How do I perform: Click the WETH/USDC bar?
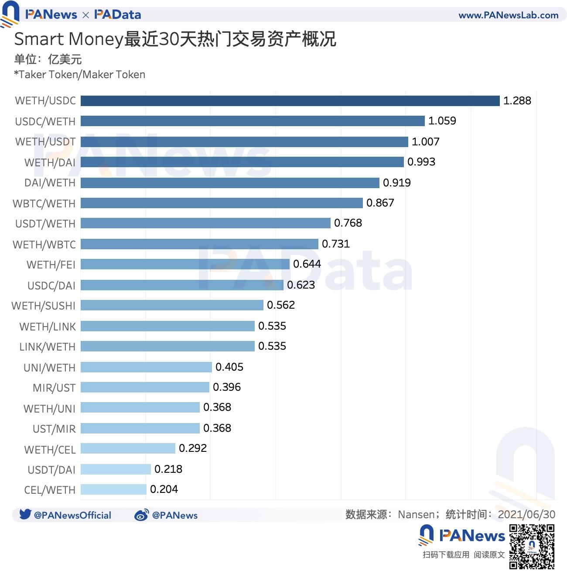point(290,101)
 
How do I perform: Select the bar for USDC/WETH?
point(253,121)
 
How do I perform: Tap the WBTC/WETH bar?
point(222,203)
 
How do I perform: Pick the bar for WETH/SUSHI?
point(172,305)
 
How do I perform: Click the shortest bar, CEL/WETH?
point(113,489)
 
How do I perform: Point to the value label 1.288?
point(517,101)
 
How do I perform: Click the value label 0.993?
point(421,162)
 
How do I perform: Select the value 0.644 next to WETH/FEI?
point(307,264)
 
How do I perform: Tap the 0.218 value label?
point(168,469)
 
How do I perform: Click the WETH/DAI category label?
point(50,162)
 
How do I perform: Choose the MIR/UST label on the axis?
point(54,388)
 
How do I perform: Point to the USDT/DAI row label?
point(51,470)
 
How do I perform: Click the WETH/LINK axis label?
point(48,327)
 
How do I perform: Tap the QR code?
point(532,547)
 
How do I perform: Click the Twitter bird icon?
point(25,514)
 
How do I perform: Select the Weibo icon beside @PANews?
point(141,515)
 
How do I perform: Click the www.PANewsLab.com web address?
point(509,15)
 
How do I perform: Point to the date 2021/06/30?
point(526,515)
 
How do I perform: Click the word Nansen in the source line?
point(416,515)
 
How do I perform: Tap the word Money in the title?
point(96,39)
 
